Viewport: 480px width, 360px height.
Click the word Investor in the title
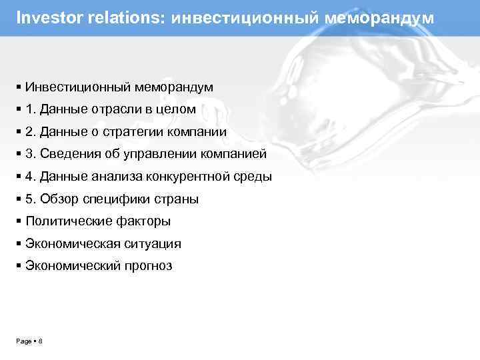point(45,17)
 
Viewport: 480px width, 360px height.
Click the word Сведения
point(69,154)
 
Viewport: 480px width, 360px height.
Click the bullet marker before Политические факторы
point(19,221)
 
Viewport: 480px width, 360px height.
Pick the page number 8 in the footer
point(41,341)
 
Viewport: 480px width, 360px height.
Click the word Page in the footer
point(24,341)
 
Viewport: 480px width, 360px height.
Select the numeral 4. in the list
point(31,177)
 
